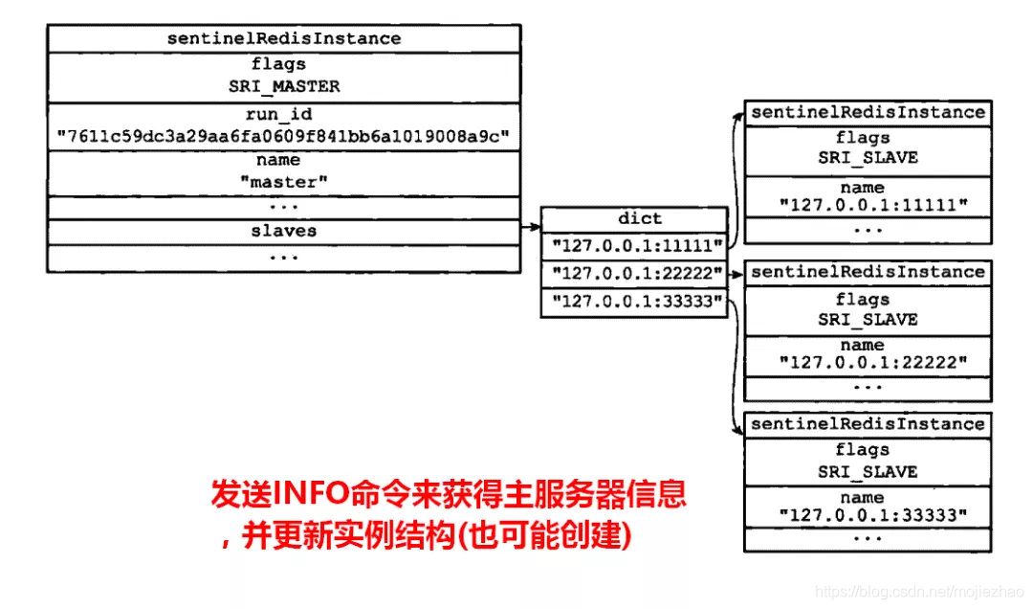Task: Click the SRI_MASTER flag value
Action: tap(283, 86)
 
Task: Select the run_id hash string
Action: tap(283, 136)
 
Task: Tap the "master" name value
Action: tap(283, 182)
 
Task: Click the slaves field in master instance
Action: tap(283, 232)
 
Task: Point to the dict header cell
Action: tap(639, 219)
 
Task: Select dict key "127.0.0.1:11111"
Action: tap(635, 245)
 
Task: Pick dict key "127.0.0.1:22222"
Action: tap(635, 275)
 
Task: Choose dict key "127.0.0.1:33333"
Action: tap(635, 304)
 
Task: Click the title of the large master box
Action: tap(283, 38)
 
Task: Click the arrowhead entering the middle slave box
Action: tap(739, 275)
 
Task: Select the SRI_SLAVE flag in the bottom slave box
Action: tap(867, 472)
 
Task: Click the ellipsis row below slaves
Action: tap(283, 258)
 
